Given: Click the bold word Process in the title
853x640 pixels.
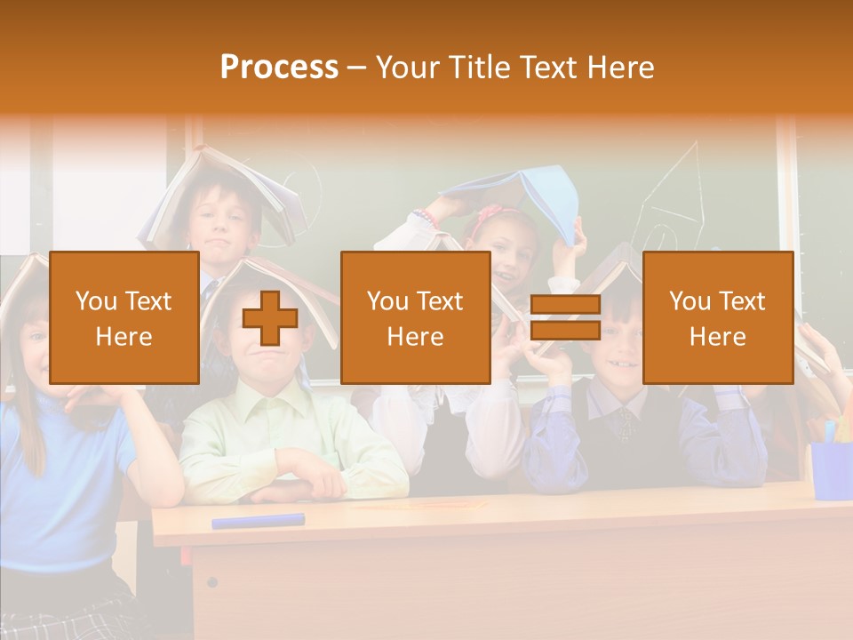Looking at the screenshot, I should point(279,68).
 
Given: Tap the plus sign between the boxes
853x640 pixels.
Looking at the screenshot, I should point(270,317).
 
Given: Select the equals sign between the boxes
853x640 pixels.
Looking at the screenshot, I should point(565,318).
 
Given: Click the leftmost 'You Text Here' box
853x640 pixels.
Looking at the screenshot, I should point(124,317).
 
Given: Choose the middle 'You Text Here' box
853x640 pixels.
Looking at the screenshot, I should point(415,317).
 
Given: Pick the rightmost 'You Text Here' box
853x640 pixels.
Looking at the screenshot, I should point(717,317).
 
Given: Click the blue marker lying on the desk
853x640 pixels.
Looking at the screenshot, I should point(258,520).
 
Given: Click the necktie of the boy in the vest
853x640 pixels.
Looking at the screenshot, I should point(627,422).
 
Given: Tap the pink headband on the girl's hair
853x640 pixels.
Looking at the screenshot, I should point(488,214).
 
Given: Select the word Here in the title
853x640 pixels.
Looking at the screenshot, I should point(622,68).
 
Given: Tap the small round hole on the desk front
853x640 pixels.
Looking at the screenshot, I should point(211,582).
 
